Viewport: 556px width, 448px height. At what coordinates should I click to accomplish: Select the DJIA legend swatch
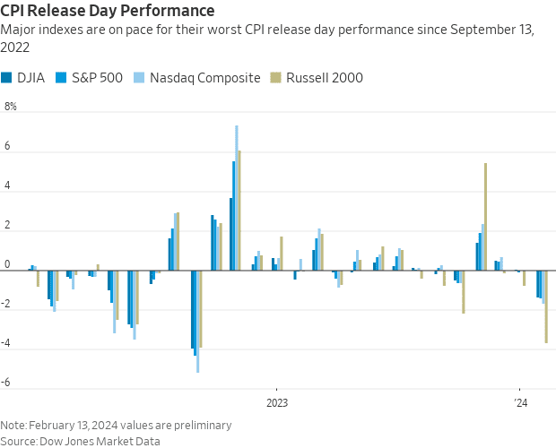[7, 78]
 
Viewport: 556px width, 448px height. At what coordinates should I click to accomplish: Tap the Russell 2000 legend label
[325, 78]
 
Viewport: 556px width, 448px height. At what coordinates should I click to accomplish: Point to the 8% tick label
[11, 108]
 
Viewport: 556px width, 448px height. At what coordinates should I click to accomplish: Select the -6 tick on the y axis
[7, 382]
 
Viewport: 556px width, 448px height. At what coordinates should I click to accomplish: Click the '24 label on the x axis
[519, 402]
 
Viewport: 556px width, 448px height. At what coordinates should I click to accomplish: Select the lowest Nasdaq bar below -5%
[197, 321]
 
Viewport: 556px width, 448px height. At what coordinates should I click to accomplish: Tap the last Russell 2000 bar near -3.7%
[546, 306]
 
